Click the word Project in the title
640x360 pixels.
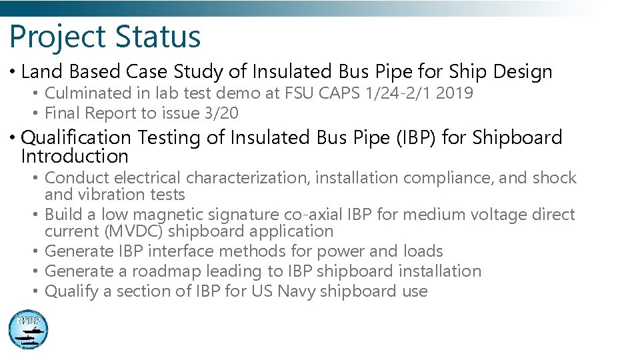57,37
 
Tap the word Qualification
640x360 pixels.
76,138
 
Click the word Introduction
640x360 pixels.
75,157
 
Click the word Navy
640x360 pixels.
296,291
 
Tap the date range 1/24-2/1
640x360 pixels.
397,93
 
